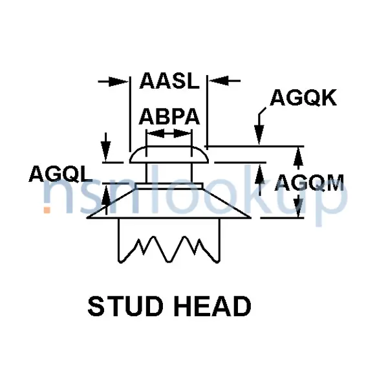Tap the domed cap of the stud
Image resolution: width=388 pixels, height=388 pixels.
pos(169,155)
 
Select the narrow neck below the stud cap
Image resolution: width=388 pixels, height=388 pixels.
pos(169,173)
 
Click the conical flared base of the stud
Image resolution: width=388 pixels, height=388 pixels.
pos(169,204)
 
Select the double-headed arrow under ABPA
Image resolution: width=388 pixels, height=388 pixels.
pos(169,134)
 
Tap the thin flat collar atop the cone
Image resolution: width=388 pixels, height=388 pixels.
pos(169,186)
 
